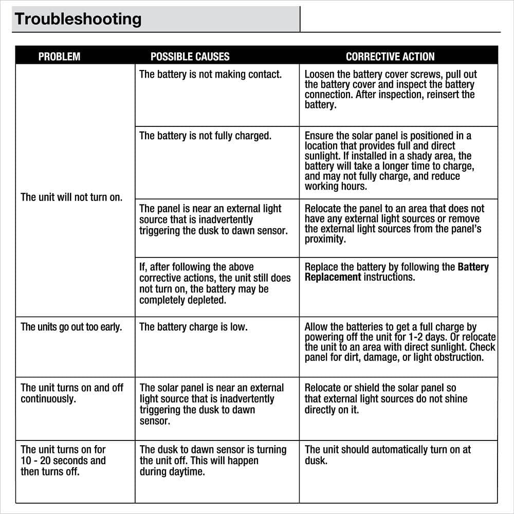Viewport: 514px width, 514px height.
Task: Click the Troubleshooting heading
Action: pos(78,19)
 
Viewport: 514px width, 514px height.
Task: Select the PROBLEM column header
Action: pos(59,57)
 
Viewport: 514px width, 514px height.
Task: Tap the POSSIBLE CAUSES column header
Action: pos(190,57)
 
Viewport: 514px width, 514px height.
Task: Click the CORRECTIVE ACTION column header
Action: pos(390,57)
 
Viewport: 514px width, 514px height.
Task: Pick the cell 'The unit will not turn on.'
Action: pos(71,197)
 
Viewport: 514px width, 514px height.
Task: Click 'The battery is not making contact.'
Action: pos(210,75)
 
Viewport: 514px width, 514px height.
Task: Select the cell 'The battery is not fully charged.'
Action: pos(205,136)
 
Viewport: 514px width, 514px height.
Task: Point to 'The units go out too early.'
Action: pos(71,327)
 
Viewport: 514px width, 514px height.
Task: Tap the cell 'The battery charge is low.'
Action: pos(193,327)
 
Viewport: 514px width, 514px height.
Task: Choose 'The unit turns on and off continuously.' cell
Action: pos(72,393)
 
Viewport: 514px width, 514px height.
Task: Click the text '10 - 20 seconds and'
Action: pos(63,461)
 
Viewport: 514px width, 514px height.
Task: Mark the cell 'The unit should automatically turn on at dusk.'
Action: pos(388,455)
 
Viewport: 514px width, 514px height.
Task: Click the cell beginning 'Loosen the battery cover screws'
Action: pos(390,89)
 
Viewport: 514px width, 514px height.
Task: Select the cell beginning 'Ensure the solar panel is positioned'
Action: pos(389,161)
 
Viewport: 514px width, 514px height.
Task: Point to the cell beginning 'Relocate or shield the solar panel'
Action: pos(386,399)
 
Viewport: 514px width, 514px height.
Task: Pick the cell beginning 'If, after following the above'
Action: pos(215,283)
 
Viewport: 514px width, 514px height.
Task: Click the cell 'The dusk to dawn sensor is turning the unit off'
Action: pos(213,460)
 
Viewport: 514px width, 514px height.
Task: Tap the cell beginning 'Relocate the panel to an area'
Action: pos(394,224)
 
